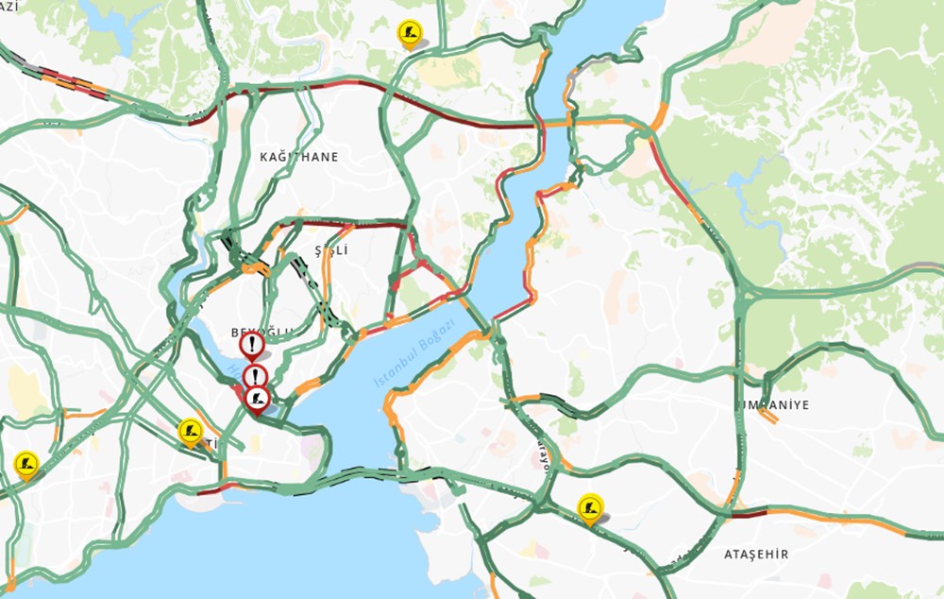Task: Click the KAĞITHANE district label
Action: click(x=298, y=157)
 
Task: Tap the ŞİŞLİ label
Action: click(x=331, y=250)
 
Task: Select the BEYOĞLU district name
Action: click(x=261, y=332)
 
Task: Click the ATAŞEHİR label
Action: click(x=755, y=555)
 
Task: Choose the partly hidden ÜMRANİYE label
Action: click(x=774, y=404)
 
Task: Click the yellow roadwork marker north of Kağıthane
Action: click(x=409, y=34)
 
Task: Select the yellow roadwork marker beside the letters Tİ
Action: click(x=190, y=432)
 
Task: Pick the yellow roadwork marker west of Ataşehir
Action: click(x=590, y=507)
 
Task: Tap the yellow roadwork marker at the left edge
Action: click(x=26, y=464)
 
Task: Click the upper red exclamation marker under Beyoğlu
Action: click(x=251, y=346)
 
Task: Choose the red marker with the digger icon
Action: click(x=257, y=400)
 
